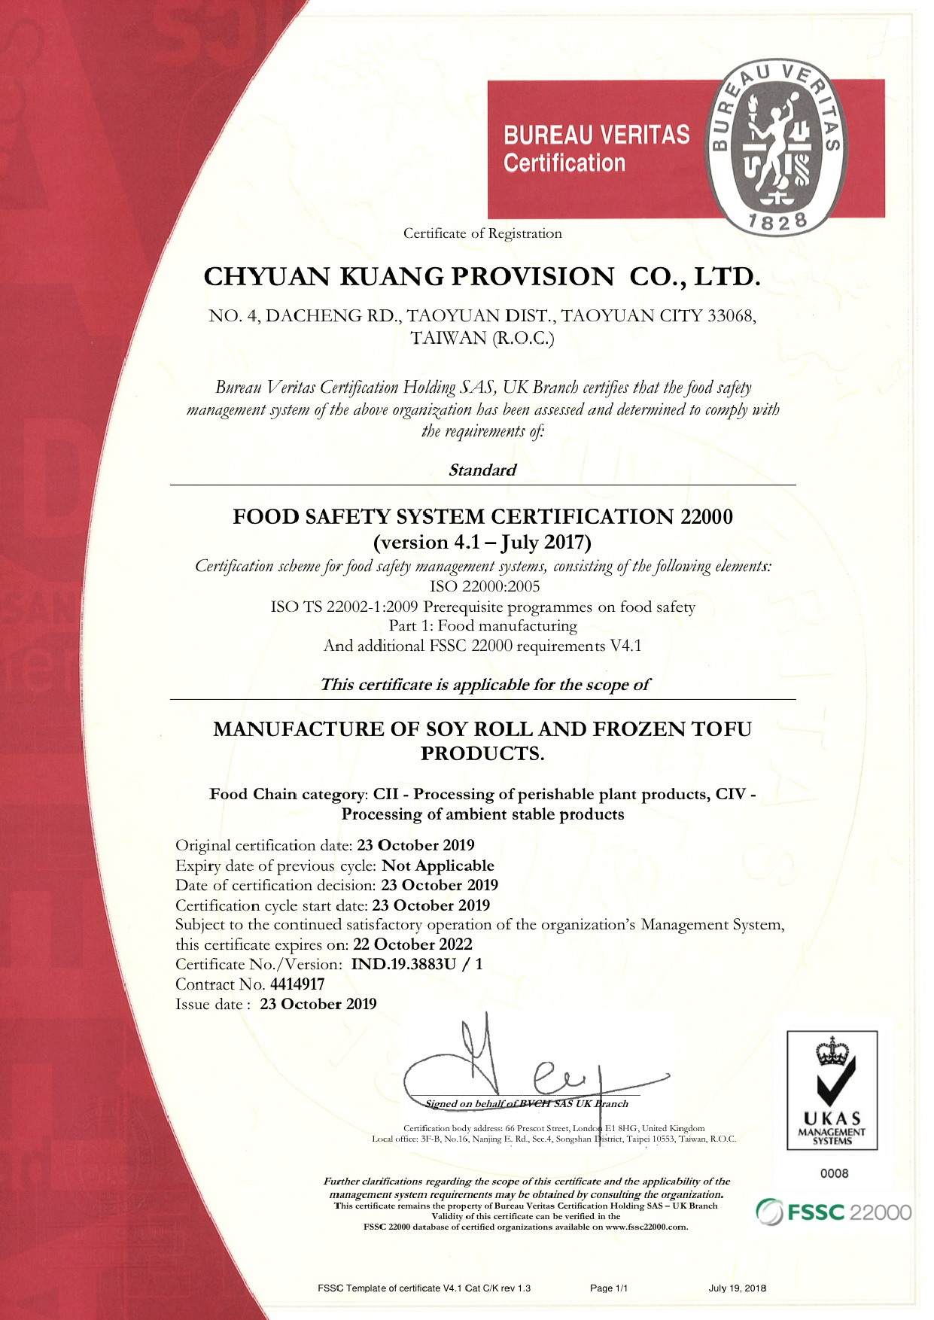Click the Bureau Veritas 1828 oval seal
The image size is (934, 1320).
(775, 147)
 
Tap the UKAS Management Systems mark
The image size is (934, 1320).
(832, 1090)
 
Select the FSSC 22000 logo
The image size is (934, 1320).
(834, 1212)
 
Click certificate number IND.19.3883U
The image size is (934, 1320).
(403, 964)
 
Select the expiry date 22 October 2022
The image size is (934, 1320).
(412, 944)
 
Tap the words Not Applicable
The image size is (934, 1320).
(438, 865)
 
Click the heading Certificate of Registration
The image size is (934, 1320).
(482, 233)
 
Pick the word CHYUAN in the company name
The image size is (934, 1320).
(267, 277)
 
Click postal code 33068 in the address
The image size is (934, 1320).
(731, 316)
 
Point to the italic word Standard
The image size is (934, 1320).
(482, 470)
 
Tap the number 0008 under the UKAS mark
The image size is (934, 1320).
(834, 1173)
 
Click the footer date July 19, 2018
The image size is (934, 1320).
(737, 1288)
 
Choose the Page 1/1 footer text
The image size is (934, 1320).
(609, 1288)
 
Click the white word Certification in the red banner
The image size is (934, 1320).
(564, 163)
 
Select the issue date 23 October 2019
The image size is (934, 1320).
(318, 1004)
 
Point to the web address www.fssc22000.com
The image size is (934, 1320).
(646, 1227)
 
